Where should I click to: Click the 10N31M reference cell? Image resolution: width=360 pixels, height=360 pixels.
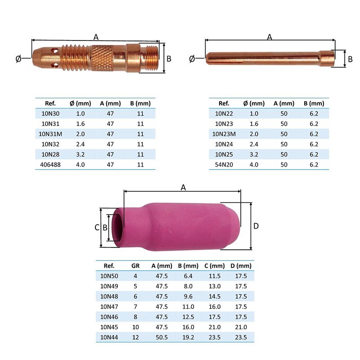50,134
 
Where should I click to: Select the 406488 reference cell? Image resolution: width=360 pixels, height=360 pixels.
50,165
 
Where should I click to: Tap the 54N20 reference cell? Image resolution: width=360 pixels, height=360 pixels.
224,165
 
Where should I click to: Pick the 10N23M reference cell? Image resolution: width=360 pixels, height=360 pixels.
224,134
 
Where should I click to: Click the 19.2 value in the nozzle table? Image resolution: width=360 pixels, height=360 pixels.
188,337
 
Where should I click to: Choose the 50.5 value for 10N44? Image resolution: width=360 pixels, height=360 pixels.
162,337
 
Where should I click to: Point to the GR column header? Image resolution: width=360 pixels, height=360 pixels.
135,265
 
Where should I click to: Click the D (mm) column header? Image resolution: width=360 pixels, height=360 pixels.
241,265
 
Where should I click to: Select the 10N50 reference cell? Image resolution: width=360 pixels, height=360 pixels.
109,276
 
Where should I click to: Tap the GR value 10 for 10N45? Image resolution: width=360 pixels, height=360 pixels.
135,327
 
